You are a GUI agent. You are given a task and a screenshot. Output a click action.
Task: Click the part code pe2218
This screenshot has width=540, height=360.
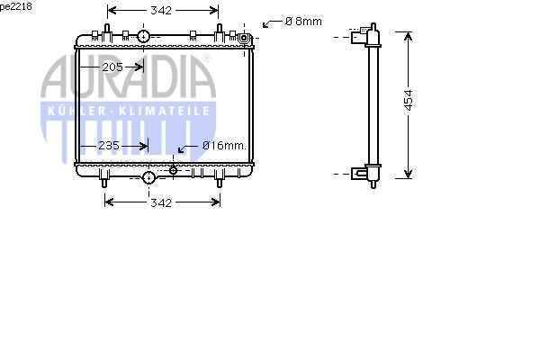[x=15, y=6]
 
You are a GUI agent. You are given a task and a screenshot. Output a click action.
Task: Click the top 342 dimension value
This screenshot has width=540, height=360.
[x=161, y=11]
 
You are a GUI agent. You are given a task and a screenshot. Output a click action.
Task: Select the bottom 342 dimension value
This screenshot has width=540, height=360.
[x=161, y=202]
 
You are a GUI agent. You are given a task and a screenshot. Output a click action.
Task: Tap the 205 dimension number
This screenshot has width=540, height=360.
[x=112, y=67]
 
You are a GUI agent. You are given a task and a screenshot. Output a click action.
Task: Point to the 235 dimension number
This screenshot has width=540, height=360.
[x=109, y=146]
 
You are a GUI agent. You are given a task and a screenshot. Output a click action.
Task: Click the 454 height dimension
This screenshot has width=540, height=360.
[x=408, y=100]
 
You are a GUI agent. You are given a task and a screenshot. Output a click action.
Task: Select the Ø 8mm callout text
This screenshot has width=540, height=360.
[x=304, y=22]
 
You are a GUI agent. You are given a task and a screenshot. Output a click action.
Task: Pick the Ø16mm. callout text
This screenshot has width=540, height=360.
[x=224, y=146]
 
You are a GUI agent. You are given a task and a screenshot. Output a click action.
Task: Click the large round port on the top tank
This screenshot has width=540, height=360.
[x=143, y=36]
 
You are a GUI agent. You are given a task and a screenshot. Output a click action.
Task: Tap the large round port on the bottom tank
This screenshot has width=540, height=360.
[x=148, y=177]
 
